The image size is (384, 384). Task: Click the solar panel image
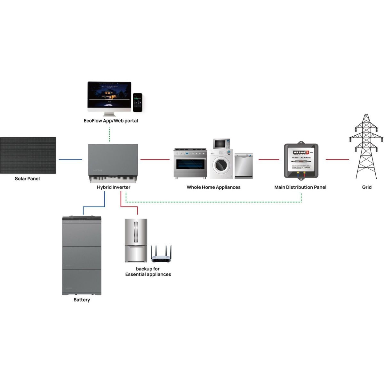[28, 156]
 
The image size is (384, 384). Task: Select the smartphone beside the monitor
[138, 102]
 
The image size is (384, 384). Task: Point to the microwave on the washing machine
[221, 144]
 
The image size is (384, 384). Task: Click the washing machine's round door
[221, 165]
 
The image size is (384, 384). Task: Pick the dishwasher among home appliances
[244, 166]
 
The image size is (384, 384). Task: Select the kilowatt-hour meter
[301, 161]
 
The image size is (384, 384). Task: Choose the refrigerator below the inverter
[136, 240]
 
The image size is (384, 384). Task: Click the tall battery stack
[82, 256]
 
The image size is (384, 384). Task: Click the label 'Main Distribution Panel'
[300, 187]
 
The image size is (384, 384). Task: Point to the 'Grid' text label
[367, 187]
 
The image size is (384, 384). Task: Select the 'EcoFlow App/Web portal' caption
[111, 121]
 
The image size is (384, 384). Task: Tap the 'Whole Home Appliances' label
[213, 187]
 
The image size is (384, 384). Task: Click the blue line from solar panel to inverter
[70, 159]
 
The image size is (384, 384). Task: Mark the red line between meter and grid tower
[337, 159]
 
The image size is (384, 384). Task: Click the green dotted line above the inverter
[109, 135]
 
